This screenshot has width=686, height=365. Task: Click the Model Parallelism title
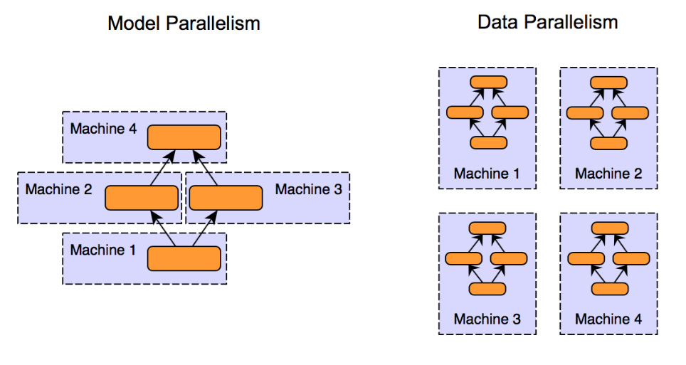[184, 23]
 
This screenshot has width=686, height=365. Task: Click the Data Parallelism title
[548, 22]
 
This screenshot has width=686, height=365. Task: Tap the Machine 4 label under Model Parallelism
[103, 129]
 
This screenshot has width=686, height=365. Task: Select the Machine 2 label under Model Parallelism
[58, 189]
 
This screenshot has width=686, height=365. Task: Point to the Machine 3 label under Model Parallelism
[308, 189]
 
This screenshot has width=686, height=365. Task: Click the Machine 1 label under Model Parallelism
[102, 250]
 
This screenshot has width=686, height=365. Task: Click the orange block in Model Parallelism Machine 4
[184, 137]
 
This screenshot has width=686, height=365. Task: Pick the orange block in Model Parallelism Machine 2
[142, 198]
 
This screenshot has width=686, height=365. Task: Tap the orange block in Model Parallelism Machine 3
[226, 198]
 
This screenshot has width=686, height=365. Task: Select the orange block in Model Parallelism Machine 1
[184, 259]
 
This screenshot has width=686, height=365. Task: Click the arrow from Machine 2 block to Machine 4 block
[163, 168]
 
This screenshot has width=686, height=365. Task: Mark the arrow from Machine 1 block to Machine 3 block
[205, 228]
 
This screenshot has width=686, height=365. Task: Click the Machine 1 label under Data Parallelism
[487, 174]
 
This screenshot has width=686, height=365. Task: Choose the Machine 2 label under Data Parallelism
[608, 174]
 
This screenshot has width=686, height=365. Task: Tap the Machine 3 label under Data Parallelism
[487, 319]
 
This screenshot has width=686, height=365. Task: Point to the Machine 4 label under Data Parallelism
[608, 319]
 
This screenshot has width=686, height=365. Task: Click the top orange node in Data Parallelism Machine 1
[489, 83]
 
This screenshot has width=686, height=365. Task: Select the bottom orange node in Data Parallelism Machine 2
[608, 143]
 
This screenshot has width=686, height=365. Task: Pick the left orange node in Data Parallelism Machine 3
[464, 259]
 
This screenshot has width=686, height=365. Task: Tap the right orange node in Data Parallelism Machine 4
[631, 259]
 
